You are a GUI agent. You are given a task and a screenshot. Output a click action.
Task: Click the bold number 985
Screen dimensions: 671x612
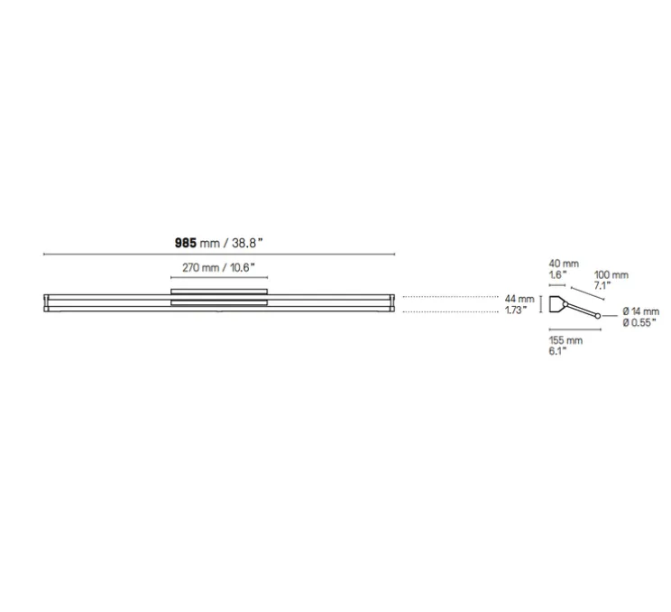point(185,243)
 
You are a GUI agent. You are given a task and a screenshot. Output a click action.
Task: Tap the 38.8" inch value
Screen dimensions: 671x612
point(247,243)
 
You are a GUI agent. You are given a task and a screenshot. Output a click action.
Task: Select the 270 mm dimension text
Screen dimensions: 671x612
point(201,268)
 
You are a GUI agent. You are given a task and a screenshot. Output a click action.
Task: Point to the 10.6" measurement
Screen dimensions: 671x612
point(243,268)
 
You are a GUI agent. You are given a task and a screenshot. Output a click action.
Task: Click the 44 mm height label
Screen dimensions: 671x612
point(519,299)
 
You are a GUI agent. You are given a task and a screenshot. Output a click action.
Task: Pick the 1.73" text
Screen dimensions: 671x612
point(516,310)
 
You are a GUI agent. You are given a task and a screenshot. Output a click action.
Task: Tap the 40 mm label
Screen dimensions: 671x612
point(564,264)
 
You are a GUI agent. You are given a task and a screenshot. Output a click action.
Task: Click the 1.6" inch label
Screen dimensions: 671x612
point(557,274)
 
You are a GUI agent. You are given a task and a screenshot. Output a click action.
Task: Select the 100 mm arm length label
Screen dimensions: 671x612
point(611,275)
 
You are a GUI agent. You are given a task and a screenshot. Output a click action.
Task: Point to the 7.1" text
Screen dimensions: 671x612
point(602,285)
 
